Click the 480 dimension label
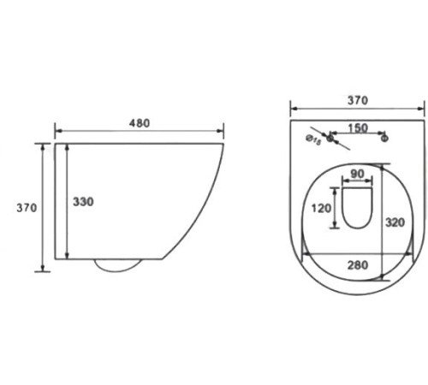pos(140,123)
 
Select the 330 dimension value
pos(83,202)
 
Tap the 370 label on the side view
pos(27,208)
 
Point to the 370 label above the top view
pos(358,100)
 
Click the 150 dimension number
pos(358,128)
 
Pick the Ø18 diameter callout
pos(313,139)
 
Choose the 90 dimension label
pos(357,174)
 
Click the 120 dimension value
pos(321,208)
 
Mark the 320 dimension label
pos(395,222)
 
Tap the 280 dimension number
pos(358,265)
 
